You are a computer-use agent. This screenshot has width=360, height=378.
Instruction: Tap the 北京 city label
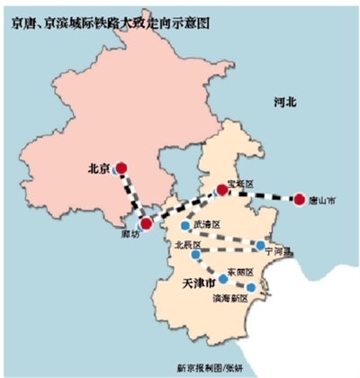[x=99, y=167]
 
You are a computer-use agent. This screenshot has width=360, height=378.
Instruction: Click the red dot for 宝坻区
[x=221, y=189]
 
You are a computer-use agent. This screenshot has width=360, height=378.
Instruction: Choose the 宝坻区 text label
[x=242, y=183]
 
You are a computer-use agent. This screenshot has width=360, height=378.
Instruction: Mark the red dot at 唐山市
[x=299, y=197]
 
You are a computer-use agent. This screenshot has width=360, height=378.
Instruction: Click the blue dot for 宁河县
[x=260, y=245]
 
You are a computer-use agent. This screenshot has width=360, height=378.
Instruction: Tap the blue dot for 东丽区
[x=223, y=278]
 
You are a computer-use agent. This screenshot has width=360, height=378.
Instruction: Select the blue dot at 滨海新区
[x=251, y=288]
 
